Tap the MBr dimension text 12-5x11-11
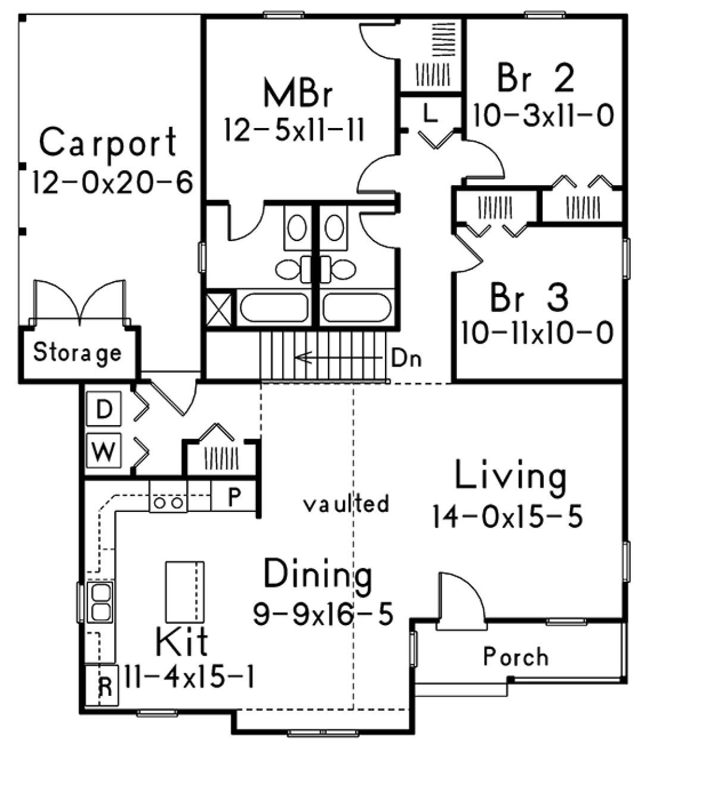[x=295, y=129]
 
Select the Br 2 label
[x=535, y=79]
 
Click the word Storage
[x=77, y=353]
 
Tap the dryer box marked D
[x=104, y=408]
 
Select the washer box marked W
[x=104, y=451]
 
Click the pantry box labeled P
[x=233, y=495]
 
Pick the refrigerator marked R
[x=102, y=685]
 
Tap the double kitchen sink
[x=100, y=602]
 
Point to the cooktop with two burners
[x=168, y=496]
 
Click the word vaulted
[x=346, y=504]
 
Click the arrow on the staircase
[x=337, y=357]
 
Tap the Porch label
[x=516, y=657]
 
